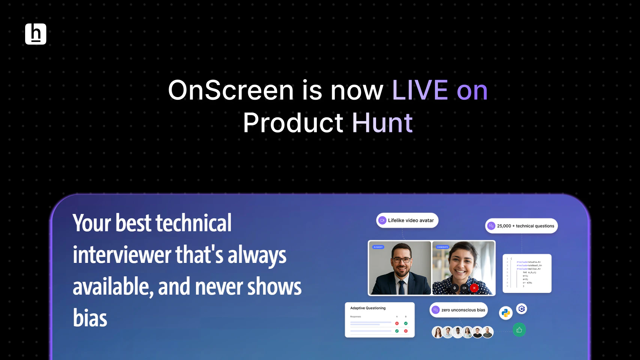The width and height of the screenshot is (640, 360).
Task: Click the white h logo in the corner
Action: (x=36, y=34)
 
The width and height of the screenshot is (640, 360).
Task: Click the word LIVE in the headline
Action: (x=420, y=90)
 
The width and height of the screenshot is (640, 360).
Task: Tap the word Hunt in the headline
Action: (x=382, y=123)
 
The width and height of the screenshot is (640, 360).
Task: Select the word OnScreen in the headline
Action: (x=231, y=90)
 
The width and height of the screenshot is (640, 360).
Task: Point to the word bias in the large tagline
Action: (x=90, y=318)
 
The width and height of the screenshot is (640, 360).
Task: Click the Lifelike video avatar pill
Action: (x=407, y=220)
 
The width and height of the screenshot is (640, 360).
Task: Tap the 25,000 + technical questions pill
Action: (x=522, y=226)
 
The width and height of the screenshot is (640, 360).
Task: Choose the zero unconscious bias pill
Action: (x=459, y=310)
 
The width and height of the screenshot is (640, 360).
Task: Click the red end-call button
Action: (x=474, y=288)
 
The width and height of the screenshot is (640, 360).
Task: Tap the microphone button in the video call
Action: (x=455, y=288)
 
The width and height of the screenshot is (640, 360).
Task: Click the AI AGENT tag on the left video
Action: (x=378, y=247)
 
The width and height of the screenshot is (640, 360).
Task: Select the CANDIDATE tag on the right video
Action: (x=442, y=247)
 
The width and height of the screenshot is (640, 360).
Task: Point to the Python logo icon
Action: (x=506, y=313)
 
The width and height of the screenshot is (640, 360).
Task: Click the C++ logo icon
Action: (x=522, y=309)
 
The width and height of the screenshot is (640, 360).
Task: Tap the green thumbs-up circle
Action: (x=519, y=330)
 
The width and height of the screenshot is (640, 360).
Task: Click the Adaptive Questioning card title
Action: (x=368, y=308)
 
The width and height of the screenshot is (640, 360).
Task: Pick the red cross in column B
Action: (x=406, y=331)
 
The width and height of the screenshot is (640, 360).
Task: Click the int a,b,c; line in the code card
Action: (x=529, y=272)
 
